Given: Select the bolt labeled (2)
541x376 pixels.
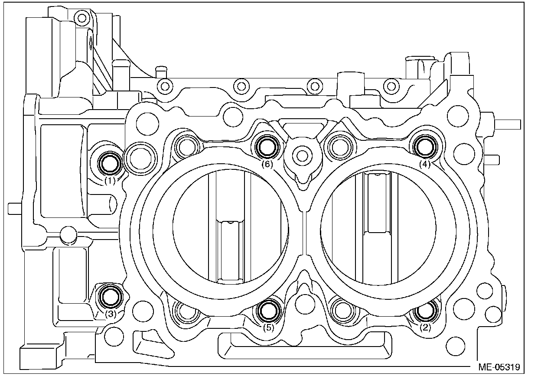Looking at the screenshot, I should point(424,310).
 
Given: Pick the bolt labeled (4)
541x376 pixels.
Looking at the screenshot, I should point(424,146).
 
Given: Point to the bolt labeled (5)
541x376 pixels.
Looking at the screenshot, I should point(267,309).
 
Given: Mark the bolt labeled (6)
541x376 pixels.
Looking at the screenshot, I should point(266,147).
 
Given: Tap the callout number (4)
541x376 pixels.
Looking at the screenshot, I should point(425,164).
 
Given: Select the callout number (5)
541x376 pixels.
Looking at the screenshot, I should point(268,327).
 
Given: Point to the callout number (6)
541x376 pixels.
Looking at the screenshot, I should point(267,165).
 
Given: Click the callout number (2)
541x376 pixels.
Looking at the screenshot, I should point(425,327).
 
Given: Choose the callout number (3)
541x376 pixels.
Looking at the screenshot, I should point(111,315).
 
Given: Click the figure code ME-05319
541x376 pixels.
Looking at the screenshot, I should point(499,366).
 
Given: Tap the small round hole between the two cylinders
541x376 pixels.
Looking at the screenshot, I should point(302,153).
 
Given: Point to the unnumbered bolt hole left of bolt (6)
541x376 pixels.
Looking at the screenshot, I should point(187,146).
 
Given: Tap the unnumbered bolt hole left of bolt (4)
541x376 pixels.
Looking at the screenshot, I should point(340,147).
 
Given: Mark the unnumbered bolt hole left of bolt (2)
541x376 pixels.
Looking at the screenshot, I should point(342,310).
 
